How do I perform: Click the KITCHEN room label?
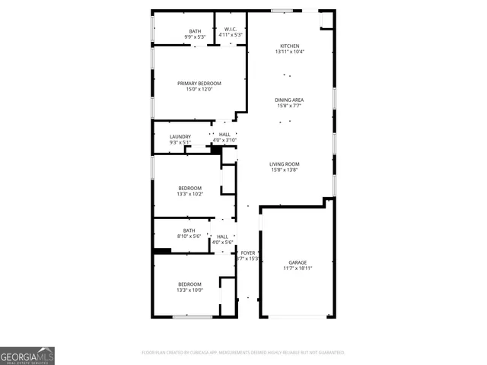click(x=290, y=46)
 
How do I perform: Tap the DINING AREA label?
click(x=290, y=100)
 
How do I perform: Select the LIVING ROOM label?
click(x=285, y=163)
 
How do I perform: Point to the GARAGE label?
click(x=298, y=262)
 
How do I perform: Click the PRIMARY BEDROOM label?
click(x=199, y=83)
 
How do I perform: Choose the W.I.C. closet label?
click(x=231, y=30)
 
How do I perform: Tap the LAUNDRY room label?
click(x=180, y=137)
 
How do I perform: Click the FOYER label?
click(x=248, y=252)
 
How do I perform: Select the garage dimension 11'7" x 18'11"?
click(x=298, y=268)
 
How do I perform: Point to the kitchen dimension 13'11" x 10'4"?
click(x=290, y=52)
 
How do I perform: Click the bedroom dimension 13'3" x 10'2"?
click(x=190, y=194)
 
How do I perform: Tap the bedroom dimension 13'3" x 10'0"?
click(x=190, y=290)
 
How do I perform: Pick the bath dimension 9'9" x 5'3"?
click(x=196, y=36)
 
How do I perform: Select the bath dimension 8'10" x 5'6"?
click(x=189, y=236)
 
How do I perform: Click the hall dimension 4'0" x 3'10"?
click(x=224, y=140)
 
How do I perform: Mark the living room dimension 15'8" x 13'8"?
click(x=285, y=170)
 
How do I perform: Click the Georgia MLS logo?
click(x=27, y=356)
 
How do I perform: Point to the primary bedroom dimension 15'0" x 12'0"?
click(x=199, y=89)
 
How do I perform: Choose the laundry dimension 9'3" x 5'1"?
click(x=180, y=143)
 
